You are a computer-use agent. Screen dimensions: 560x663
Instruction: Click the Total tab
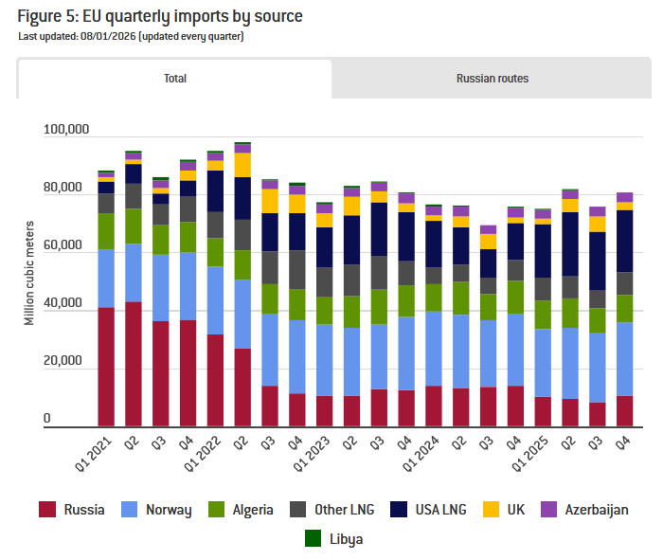(174, 79)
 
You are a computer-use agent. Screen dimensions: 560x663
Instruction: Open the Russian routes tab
(492, 79)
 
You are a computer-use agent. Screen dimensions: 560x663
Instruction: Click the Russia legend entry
(71, 510)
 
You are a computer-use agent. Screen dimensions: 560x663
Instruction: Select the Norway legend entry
(157, 510)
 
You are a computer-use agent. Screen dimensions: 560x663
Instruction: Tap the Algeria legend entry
(242, 510)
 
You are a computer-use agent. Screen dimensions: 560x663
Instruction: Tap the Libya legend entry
(332, 539)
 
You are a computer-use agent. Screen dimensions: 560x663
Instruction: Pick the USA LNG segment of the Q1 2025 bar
(543, 251)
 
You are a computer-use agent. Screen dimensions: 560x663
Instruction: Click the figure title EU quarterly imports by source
(167, 17)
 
